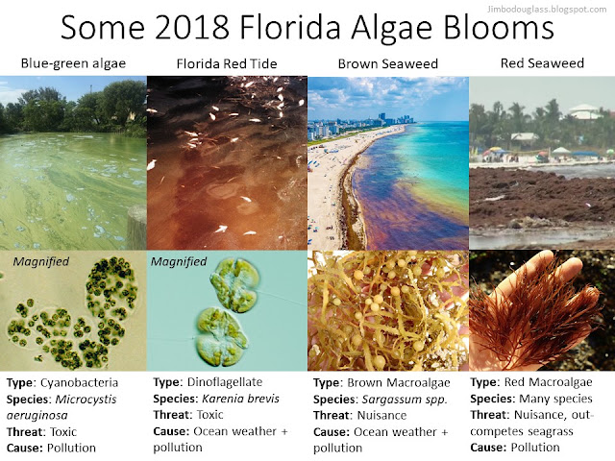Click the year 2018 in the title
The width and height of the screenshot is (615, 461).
[x=192, y=27]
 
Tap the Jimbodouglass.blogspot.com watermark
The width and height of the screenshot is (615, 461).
[x=547, y=9]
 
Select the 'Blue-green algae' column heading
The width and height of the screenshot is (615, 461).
[x=73, y=63]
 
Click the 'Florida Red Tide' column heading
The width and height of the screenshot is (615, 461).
[x=227, y=63]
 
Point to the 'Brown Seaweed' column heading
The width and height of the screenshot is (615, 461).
[x=388, y=63]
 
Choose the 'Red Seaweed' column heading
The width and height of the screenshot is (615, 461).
[x=542, y=62]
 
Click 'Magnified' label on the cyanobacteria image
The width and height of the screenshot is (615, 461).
[x=40, y=261]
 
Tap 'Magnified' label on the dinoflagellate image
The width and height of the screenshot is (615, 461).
[x=179, y=261]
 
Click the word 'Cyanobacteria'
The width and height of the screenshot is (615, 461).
[x=79, y=382]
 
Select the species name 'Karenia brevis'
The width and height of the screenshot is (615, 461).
[x=240, y=399]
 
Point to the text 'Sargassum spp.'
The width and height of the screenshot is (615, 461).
[x=405, y=400]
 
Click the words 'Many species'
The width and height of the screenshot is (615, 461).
[x=555, y=399]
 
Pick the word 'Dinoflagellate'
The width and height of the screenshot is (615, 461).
[x=225, y=382]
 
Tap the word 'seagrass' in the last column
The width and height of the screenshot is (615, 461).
[x=551, y=431]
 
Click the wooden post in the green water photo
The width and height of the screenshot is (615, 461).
[x=136, y=228]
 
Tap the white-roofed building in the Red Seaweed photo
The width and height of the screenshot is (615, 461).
[x=583, y=111]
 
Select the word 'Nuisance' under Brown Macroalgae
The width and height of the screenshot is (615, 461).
[x=381, y=415]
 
